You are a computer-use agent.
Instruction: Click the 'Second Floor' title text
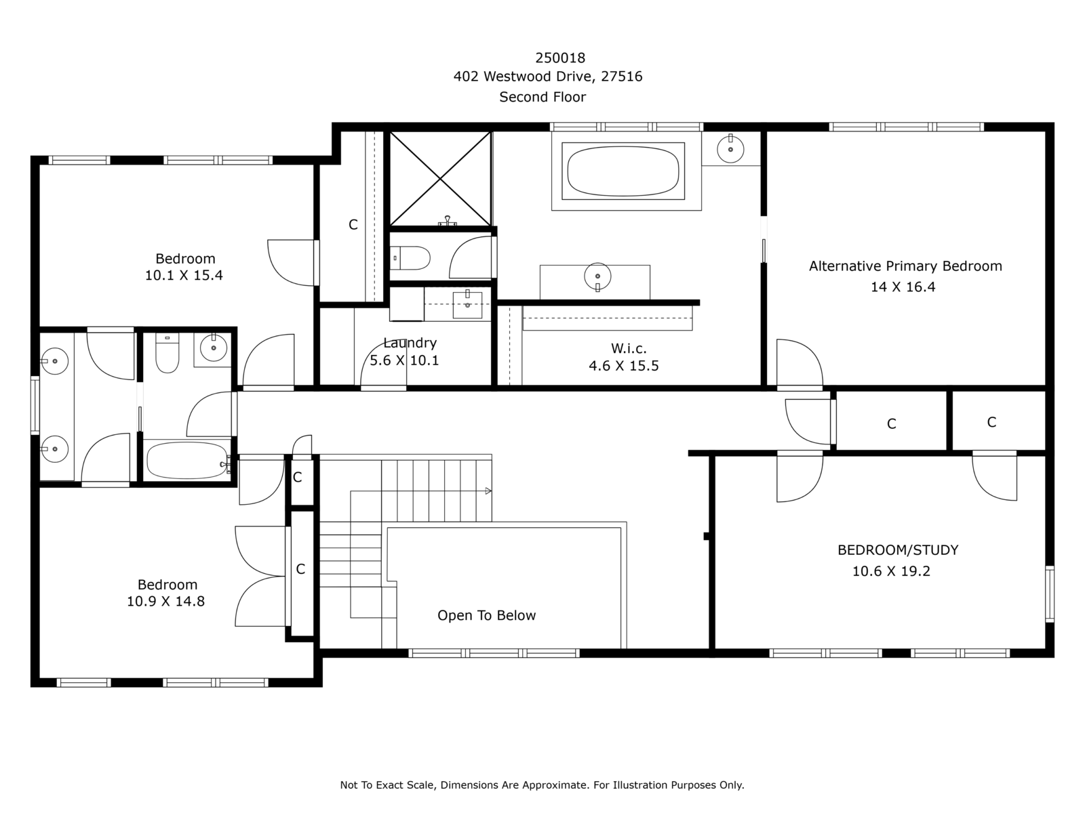(542, 97)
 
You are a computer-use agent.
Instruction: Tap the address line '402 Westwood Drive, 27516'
(548, 77)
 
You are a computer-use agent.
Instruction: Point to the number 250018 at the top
(560, 58)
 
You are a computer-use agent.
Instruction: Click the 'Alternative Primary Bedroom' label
(905, 266)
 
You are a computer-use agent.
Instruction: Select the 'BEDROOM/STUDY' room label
(898, 550)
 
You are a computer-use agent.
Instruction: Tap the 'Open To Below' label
(486, 616)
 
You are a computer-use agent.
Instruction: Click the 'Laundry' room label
(410, 343)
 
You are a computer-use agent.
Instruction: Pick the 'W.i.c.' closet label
(628, 348)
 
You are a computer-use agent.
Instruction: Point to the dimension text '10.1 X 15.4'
(184, 275)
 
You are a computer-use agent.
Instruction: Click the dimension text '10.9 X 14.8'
(165, 601)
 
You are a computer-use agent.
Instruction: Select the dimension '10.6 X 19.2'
(891, 571)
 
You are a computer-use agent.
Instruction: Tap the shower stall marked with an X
(440, 179)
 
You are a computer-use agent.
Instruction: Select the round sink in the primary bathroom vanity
(597, 276)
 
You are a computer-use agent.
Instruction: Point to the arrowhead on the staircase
(488, 491)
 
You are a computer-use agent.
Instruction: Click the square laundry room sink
(467, 305)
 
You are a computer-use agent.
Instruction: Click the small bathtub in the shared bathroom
(187, 460)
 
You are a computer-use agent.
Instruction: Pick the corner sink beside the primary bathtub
(730, 148)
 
